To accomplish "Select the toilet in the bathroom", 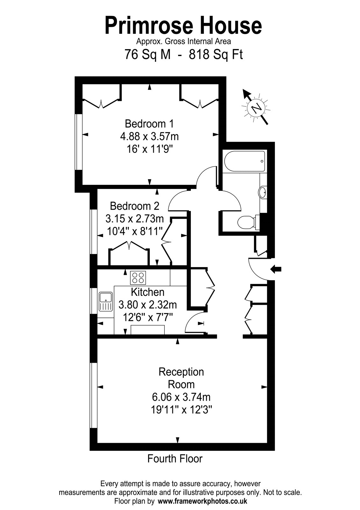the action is click(248, 222).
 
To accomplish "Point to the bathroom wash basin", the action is click(263, 193).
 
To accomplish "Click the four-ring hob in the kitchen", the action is click(138, 278).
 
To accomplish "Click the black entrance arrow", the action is click(276, 269).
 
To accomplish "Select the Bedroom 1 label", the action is click(149, 124).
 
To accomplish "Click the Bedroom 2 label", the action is click(134, 206).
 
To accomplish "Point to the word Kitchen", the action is click(148, 292).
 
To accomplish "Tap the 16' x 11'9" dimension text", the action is click(149, 149).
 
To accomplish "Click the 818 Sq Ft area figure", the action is click(216, 55).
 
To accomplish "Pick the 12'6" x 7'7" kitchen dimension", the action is click(148, 317).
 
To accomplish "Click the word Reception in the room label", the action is click(181, 372).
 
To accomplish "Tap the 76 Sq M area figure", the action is click(148, 55).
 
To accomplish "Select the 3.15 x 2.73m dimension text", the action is click(134, 219).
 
